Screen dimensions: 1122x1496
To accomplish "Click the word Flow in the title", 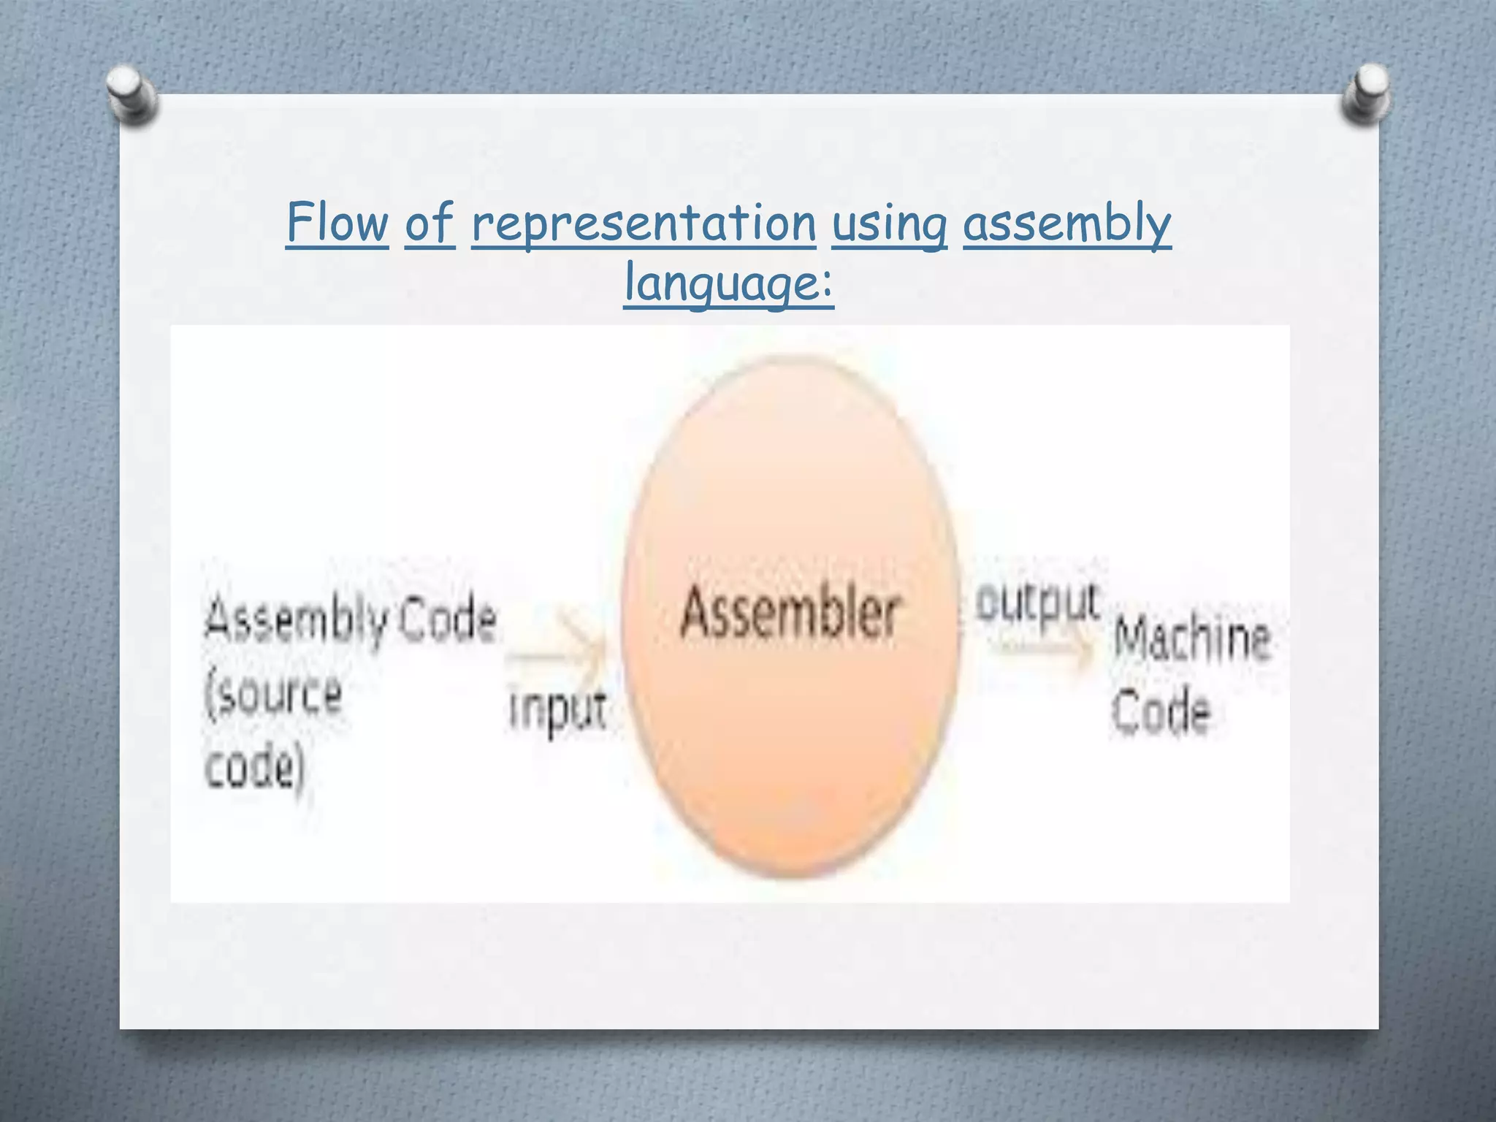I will point(337,223).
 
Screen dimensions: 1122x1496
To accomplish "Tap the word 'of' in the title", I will point(430,223).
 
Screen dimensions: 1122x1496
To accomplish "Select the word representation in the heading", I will point(644,224).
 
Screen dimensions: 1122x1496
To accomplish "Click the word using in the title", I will point(889,224).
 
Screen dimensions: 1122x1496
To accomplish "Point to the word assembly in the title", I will point(1066,224).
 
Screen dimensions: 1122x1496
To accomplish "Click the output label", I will point(1037,603).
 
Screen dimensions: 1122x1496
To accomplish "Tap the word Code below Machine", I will point(1161,710).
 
